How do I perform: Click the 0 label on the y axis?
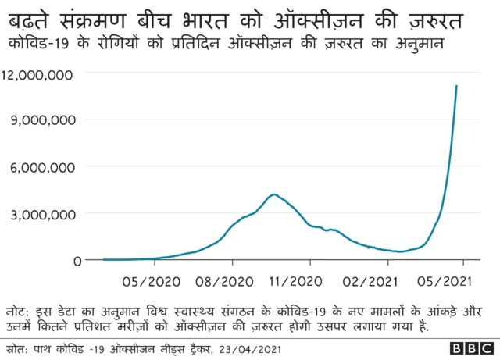point(77,261)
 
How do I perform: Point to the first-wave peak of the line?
point(273,194)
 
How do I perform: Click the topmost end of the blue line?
point(457,86)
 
